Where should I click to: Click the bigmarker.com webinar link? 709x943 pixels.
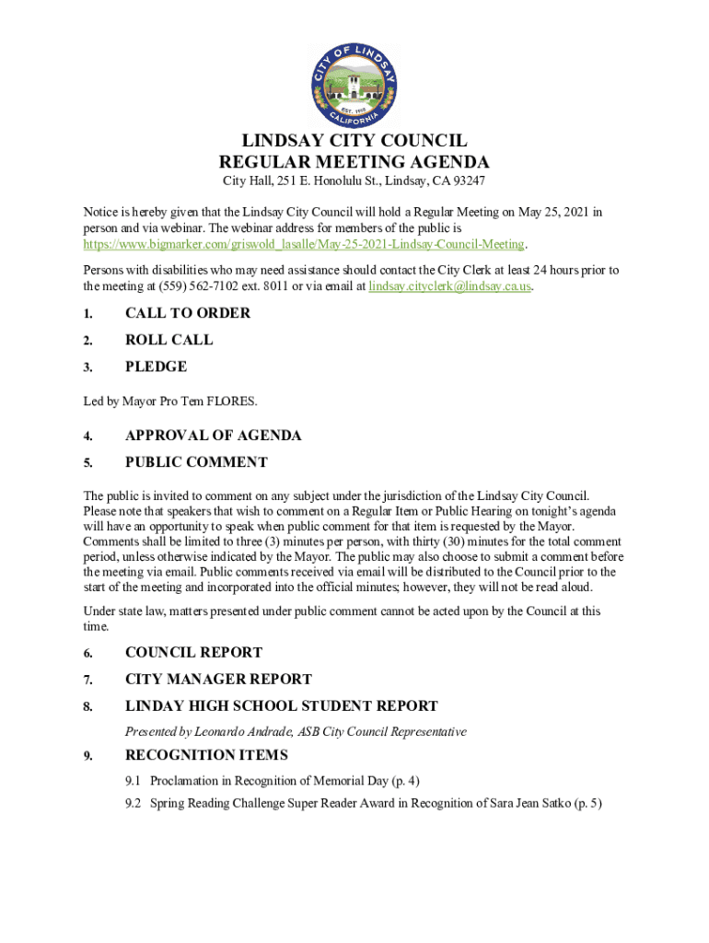pos(304,244)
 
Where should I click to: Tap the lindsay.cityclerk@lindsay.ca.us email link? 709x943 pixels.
pos(450,286)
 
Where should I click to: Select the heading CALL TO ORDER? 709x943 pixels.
pos(188,313)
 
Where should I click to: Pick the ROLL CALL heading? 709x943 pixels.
pos(169,340)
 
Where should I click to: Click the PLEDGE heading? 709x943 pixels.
pos(157,367)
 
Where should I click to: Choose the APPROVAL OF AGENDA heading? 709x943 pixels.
pos(214,436)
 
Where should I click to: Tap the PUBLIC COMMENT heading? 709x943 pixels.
pos(196,462)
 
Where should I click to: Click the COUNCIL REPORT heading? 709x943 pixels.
pos(193,653)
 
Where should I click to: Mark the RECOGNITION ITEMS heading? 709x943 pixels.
pos(206,755)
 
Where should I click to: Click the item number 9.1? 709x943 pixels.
pos(134,781)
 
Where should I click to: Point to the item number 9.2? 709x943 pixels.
pos(134,803)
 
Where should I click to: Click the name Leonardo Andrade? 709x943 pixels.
pos(249,732)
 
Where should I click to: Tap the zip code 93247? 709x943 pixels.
pos(467,181)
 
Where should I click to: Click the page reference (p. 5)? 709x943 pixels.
pos(587,803)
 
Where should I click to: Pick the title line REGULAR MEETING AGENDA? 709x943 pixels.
pos(354,162)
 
